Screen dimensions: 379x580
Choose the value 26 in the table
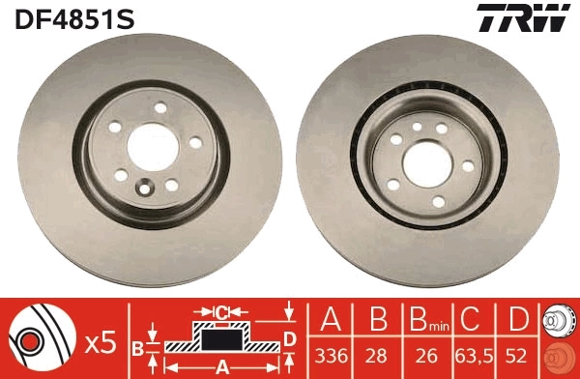(x=422, y=354)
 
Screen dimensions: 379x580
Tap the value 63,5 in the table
(x=472, y=354)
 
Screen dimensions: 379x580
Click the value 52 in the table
(x=519, y=354)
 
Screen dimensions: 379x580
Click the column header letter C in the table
(x=472, y=320)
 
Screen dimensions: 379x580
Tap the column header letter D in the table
(x=519, y=320)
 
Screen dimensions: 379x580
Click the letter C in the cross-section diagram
(x=221, y=311)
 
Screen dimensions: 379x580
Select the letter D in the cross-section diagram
(x=289, y=337)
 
